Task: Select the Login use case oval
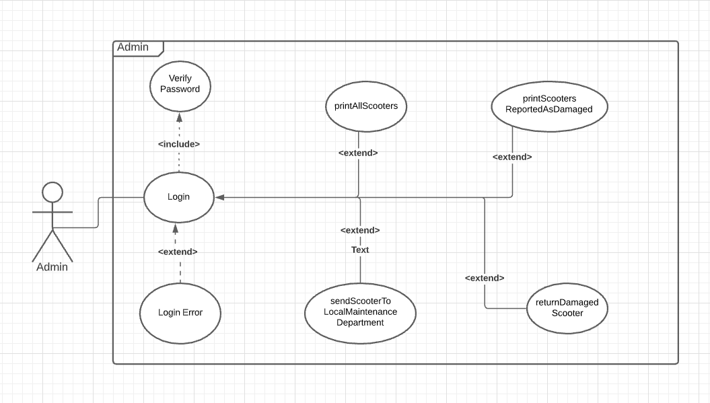pos(179,197)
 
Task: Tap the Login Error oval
pos(180,312)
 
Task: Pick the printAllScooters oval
pos(365,106)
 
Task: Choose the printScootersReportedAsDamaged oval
pos(549,104)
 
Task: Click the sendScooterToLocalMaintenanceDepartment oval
pos(360,312)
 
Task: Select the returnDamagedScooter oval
pos(567,307)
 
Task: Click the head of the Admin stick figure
pos(52,192)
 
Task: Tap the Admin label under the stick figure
pos(52,267)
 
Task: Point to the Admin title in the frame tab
pos(133,47)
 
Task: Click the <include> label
pos(179,144)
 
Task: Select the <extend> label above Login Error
pos(178,252)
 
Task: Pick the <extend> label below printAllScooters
pos(357,153)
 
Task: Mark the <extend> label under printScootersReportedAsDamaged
pos(512,157)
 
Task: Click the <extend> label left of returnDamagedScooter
pos(485,278)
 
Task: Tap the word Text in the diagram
pos(360,250)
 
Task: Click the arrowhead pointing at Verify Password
pos(180,118)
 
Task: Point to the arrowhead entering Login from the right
pos(219,197)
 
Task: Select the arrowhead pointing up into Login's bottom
pos(175,227)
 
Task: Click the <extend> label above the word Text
pos(360,230)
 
